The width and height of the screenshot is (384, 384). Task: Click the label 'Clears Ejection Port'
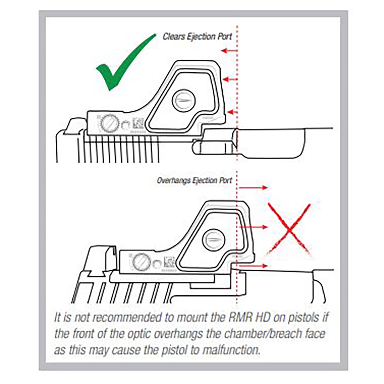(197, 36)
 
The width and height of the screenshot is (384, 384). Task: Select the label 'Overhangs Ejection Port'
(194, 180)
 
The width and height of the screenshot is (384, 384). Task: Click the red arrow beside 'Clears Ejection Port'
(230, 51)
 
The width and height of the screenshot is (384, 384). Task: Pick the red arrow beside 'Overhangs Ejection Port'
(253, 188)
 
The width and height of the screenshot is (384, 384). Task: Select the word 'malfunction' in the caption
(227, 350)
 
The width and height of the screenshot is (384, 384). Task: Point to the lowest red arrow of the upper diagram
(233, 112)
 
